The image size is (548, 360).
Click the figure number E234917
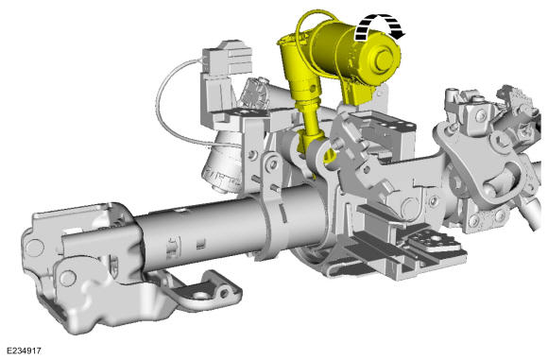tap(25, 351)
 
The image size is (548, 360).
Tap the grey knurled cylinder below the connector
tap(222, 164)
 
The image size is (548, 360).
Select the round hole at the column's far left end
tap(35, 248)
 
